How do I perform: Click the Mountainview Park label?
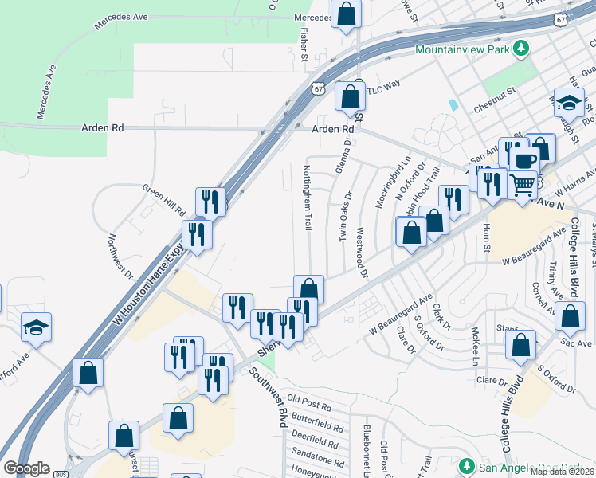click(x=461, y=49)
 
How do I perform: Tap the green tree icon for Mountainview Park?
click(x=520, y=49)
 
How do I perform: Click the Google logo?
click(x=26, y=468)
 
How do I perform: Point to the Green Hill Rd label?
click(x=163, y=201)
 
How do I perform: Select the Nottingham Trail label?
click(x=307, y=198)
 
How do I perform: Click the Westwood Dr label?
click(x=362, y=254)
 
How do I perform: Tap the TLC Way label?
click(x=383, y=90)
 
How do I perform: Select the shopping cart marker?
click(x=522, y=184)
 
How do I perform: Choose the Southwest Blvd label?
click(x=268, y=398)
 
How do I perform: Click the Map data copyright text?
click(x=562, y=472)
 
